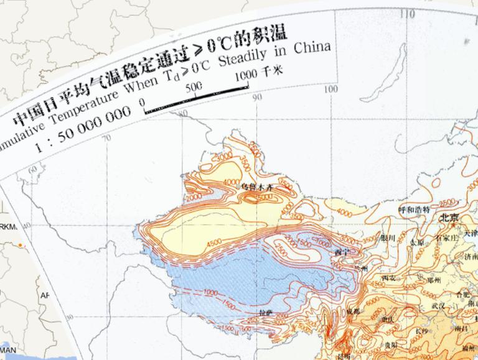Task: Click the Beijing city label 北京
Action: [x=449, y=218]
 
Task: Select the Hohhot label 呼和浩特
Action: [x=415, y=210]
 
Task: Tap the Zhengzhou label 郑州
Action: [x=426, y=280]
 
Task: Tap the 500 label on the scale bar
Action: [x=195, y=85]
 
